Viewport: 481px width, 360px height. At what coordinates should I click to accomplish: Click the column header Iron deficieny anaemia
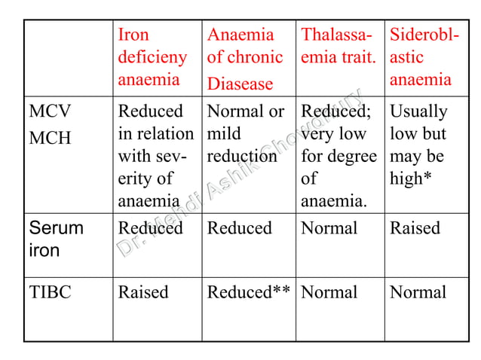(149, 57)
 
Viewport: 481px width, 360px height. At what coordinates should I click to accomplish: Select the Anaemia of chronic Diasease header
(245, 58)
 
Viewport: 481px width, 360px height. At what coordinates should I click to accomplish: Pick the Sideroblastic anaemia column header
(421, 57)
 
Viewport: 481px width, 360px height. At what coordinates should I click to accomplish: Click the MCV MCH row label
(51, 123)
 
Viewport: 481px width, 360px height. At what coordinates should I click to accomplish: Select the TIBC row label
(50, 292)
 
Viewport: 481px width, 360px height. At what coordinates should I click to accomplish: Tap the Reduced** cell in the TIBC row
(249, 292)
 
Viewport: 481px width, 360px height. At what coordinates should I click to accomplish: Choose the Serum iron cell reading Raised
(414, 228)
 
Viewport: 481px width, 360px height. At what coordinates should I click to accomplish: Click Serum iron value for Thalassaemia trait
(329, 228)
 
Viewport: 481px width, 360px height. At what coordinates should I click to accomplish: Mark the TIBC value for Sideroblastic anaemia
(418, 292)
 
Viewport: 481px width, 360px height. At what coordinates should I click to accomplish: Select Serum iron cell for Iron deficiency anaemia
(150, 228)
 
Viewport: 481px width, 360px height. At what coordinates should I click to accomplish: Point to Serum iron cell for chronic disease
(240, 228)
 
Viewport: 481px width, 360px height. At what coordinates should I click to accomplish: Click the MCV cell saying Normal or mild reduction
(246, 134)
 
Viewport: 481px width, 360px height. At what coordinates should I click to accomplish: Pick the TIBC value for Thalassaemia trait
(329, 292)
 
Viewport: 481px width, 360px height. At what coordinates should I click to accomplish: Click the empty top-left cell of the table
(69, 57)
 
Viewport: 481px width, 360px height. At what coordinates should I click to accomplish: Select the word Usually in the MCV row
(418, 111)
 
